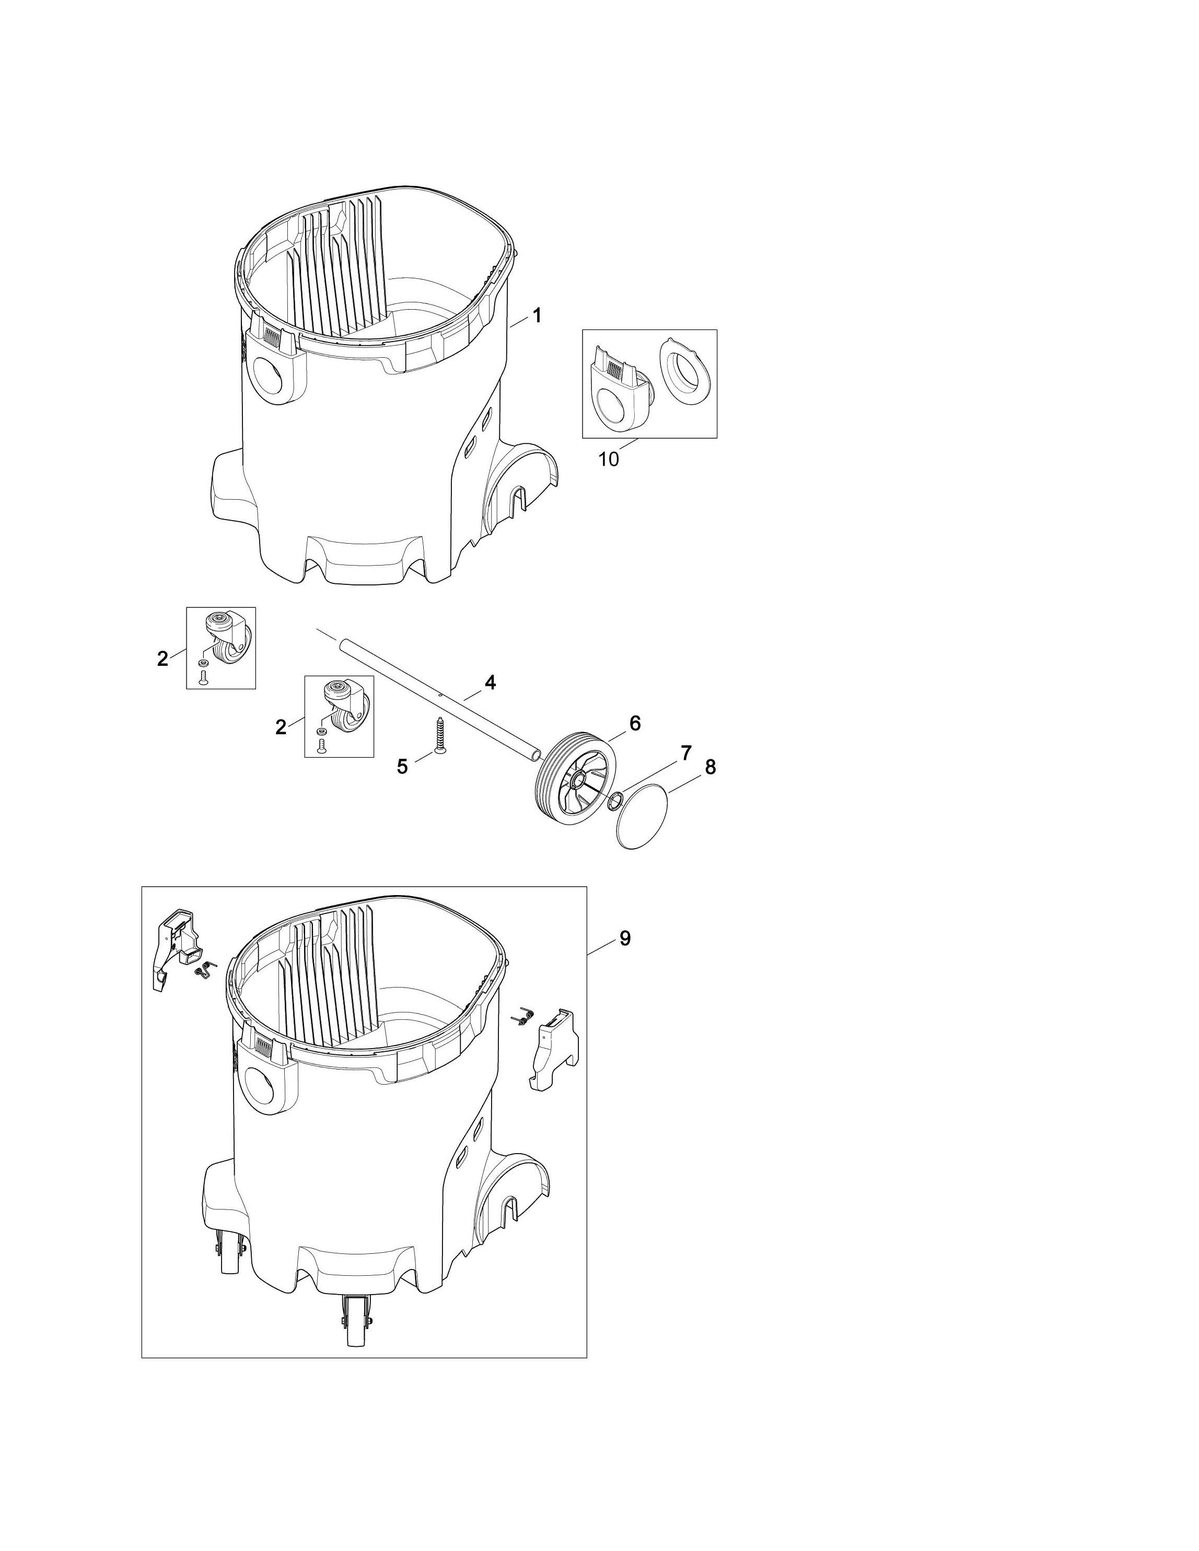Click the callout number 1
pos(537,315)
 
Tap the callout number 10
pos(609,460)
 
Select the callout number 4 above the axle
pos(490,683)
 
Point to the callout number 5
pos(403,767)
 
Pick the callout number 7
pos(686,754)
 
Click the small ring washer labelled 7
pos(614,801)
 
